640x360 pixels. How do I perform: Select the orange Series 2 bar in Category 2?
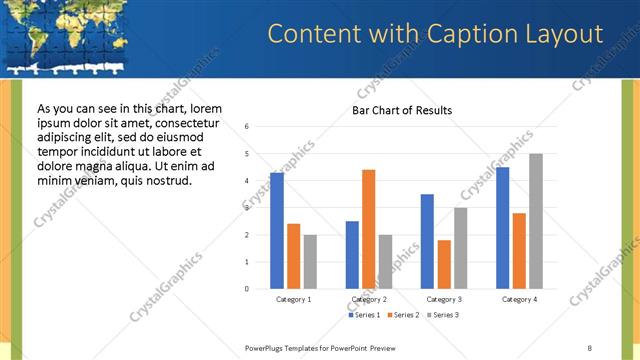368,229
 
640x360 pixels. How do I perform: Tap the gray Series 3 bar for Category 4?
536,221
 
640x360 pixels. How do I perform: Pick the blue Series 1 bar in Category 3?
427,241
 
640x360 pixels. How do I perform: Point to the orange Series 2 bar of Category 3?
444,264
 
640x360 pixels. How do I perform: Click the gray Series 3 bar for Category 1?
310,261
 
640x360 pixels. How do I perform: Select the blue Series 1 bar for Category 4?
502,227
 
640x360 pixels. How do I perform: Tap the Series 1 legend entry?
365,315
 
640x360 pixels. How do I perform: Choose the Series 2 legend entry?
403,315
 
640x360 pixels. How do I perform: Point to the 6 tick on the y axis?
247,127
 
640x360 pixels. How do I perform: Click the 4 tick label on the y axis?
247,181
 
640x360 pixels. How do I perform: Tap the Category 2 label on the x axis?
368,299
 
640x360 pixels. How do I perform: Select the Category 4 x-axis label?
519,299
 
